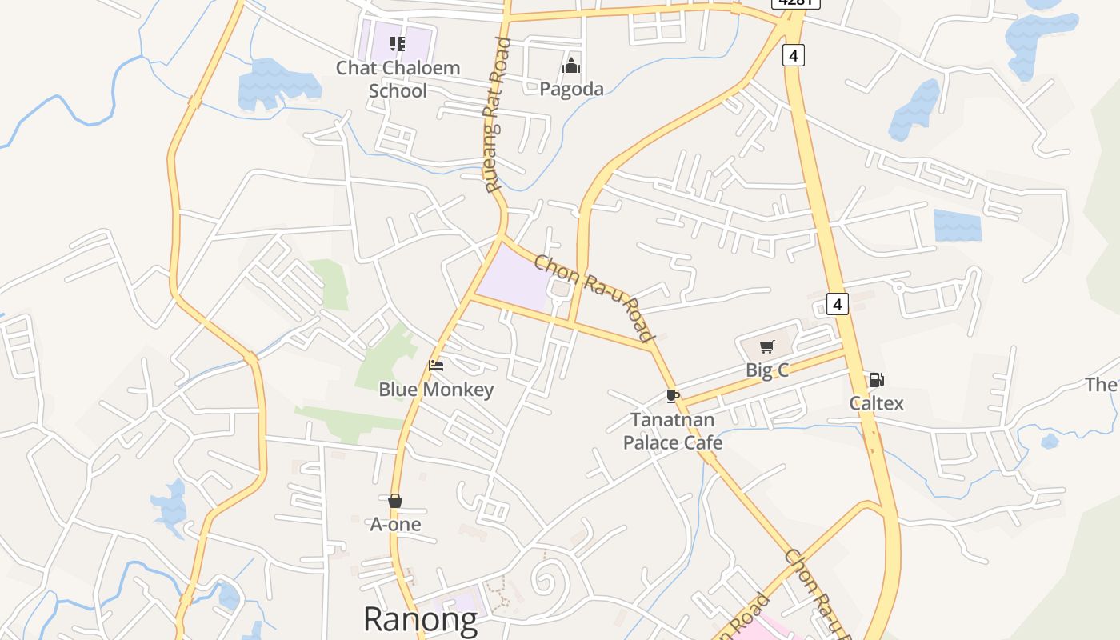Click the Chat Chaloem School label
click(398, 79)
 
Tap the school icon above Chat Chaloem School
click(398, 43)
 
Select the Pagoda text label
click(571, 89)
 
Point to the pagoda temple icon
click(571, 65)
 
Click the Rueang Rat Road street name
click(496, 114)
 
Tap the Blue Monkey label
click(436, 390)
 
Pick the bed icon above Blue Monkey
click(436, 366)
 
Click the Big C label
click(767, 370)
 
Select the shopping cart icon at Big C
click(767, 346)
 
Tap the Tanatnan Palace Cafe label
click(673, 431)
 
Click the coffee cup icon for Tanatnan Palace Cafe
click(673, 396)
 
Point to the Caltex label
click(876, 403)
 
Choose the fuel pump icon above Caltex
click(876, 380)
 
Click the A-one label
click(395, 525)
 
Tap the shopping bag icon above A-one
click(395, 501)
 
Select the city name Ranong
click(420, 618)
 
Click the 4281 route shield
click(796, 2)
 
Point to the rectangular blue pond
click(957, 226)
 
